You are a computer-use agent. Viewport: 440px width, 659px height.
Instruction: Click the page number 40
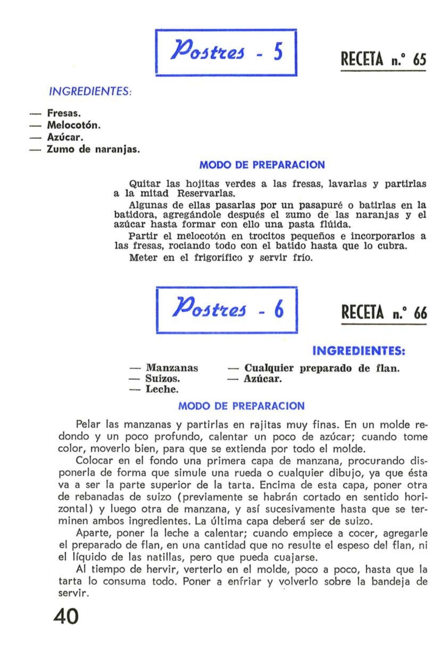(66, 616)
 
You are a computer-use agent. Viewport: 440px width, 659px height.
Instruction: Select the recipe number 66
(420, 313)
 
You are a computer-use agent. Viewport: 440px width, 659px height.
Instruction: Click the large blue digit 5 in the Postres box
(278, 53)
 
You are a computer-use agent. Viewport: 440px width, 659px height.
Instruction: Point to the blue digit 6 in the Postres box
(279, 310)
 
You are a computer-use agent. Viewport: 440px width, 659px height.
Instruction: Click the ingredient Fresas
(64, 113)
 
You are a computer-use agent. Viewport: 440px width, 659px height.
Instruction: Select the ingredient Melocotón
(73, 125)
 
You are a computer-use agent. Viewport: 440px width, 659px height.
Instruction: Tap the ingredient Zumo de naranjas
(93, 149)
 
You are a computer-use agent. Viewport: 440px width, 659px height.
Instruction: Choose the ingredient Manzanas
(172, 368)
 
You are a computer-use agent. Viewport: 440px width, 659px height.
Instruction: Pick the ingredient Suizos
(162, 379)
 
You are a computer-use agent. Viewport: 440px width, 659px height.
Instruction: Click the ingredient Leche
(162, 389)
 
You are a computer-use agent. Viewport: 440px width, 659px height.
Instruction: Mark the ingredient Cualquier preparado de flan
(322, 368)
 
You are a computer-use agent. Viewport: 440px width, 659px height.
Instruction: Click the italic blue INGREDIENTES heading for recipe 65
(90, 91)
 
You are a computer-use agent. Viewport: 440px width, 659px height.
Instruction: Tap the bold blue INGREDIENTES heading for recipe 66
(359, 351)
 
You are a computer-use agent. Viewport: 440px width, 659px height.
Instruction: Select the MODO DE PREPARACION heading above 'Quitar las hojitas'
(262, 165)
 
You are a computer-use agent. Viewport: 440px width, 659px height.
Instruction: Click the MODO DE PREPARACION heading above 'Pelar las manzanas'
(241, 406)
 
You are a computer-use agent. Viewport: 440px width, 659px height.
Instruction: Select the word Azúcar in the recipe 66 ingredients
(263, 379)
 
